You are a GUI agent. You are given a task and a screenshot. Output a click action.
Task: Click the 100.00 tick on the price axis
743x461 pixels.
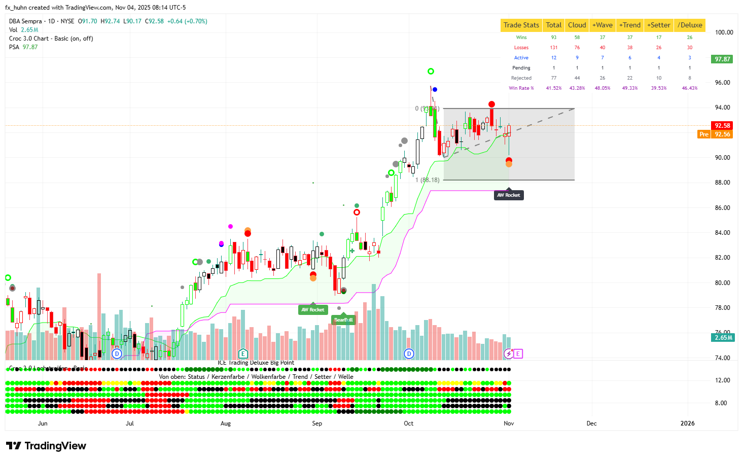[724, 32]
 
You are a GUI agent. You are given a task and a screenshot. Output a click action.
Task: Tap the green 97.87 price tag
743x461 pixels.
[722, 59]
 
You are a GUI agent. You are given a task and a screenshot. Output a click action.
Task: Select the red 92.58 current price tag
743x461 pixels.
[722, 125]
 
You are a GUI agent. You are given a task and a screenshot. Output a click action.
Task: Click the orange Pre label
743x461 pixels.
[703, 134]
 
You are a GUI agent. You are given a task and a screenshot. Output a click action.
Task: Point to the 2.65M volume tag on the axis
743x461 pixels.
[723, 338]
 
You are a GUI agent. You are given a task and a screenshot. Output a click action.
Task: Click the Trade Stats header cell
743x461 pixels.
[521, 25]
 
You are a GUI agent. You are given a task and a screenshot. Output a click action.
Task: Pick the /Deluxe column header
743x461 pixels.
[690, 25]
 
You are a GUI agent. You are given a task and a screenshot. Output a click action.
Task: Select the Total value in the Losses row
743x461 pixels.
[553, 48]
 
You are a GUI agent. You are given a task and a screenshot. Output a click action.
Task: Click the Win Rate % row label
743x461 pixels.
[521, 88]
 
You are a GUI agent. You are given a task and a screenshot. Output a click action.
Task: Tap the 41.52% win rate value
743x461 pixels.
[553, 88]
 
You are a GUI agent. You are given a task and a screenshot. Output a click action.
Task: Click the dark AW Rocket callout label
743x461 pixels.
[508, 195]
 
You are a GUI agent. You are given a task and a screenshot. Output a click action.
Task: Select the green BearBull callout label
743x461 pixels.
[343, 320]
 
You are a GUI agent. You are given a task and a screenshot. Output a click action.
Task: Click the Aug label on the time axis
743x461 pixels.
[226, 423]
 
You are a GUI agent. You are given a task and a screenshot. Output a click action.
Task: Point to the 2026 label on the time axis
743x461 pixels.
[687, 423]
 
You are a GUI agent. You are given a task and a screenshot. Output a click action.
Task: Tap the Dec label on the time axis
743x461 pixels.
[591, 423]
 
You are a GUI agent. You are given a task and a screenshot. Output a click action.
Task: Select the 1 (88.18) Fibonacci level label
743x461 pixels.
[427, 180]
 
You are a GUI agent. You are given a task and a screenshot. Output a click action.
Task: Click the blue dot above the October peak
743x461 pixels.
[435, 90]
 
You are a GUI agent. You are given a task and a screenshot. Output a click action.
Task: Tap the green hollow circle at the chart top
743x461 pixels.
[431, 72]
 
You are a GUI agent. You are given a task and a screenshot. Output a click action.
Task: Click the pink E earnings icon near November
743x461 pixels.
[518, 354]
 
